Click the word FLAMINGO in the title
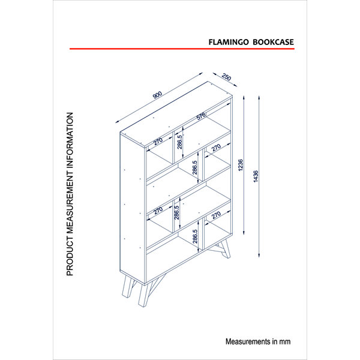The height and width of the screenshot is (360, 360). [229, 42]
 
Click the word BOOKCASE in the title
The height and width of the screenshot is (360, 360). [273, 42]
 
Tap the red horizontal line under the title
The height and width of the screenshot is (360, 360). [182, 49]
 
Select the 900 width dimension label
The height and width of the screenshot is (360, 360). [157, 95]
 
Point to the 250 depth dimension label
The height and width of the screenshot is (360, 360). [226, 77]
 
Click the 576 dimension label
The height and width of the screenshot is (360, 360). [201, 116]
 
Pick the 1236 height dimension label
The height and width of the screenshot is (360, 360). [241, 165]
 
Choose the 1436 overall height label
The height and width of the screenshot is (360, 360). [256, 176]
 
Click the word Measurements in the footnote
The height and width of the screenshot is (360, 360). [248, 341]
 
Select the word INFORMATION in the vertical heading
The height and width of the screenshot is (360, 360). [70, 143]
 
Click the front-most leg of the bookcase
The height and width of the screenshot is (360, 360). [143, 296]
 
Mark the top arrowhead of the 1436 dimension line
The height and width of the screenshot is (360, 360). [259, 98]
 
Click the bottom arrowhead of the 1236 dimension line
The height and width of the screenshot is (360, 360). [244, 233]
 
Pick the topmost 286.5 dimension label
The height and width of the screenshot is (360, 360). [179, 142]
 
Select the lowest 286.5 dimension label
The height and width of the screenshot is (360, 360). [195, 236]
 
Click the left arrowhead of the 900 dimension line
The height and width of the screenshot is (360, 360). [118, 122]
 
